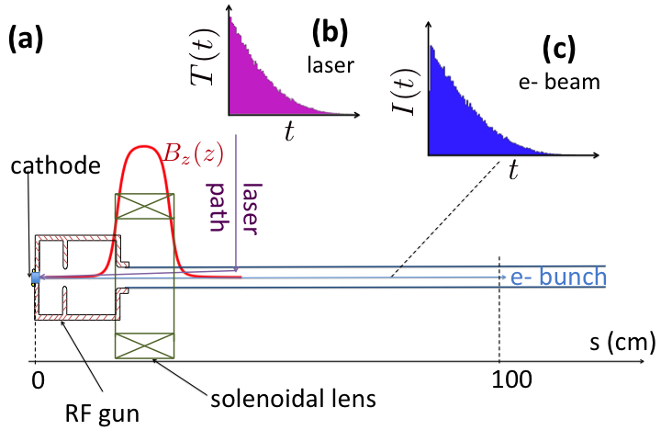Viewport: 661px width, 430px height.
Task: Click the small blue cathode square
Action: click(x=36, y=277)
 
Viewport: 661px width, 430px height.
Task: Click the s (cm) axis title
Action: click(x=622, y=345)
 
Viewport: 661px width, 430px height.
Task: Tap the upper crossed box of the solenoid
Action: click(x=141, y=207)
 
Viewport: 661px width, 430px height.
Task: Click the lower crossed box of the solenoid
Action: click(x=141, y=345)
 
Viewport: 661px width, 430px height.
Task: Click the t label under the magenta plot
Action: click(x=288, y=131)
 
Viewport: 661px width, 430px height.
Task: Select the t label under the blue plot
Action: click(x=512, y=168)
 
